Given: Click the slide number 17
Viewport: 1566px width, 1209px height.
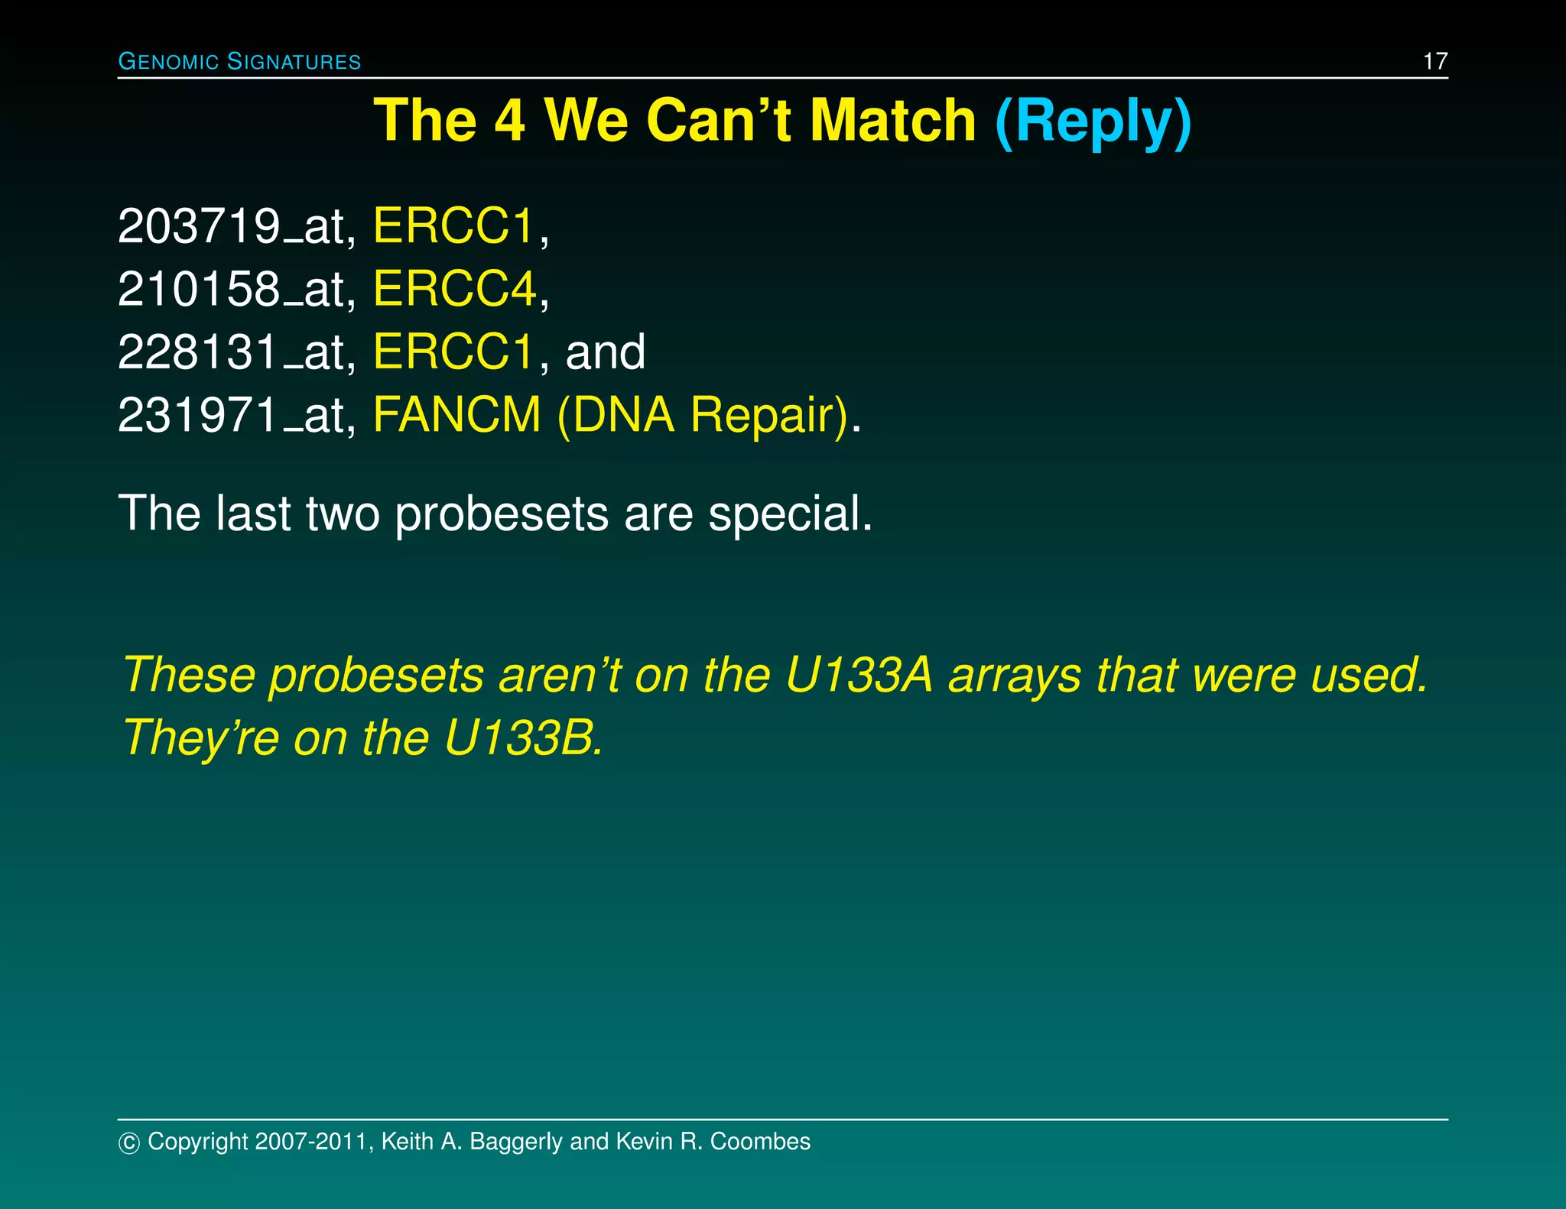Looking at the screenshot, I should (1434, 61).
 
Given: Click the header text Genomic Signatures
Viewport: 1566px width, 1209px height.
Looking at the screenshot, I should (239, 62).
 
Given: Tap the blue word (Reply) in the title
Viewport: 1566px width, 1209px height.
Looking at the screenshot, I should (1093, 121).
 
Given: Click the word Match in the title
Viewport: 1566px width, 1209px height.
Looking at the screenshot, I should (892, 121).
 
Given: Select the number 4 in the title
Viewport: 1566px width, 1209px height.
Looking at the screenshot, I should (509, 121).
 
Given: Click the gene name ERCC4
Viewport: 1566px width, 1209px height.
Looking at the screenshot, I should (455, 290).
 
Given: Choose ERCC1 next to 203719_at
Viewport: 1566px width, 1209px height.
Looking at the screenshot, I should (453, 227).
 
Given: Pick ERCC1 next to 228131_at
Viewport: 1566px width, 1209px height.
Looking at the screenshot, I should (453, 352).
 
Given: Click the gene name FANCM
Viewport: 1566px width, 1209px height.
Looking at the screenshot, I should (456, 415).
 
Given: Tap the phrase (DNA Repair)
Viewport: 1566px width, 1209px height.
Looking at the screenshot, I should (703, 417).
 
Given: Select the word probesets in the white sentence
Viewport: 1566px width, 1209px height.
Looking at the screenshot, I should (502, 515).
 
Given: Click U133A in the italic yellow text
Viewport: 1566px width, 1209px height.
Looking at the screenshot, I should (859, 676).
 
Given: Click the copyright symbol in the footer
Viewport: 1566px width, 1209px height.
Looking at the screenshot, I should (129, 1143).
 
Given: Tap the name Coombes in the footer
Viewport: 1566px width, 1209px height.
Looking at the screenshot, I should (760, 1142).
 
